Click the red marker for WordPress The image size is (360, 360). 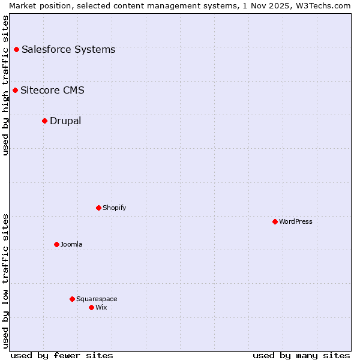275,221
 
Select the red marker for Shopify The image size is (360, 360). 98,208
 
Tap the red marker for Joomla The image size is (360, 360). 56,244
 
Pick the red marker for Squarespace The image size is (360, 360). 72,299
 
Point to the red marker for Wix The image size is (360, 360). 91,307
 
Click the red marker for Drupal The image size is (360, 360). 44,121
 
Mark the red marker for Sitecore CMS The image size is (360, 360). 15,91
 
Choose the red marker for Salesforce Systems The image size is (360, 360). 16,49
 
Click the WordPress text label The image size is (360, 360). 296,221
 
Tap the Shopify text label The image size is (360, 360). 114,208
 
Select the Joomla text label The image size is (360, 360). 71,244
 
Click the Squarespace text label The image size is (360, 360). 97,299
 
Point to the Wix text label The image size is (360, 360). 101,307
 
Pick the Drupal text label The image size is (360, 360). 65,121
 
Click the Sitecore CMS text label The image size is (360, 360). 52,91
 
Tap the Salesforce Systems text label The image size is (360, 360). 68,49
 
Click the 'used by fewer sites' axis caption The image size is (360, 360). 62,355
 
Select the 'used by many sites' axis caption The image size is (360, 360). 301,355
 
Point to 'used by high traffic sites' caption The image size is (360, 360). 5,85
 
